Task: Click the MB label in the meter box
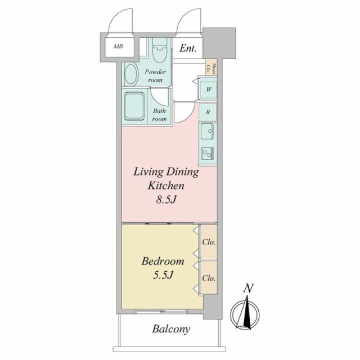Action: (118, 46)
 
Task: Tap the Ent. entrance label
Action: (188, 48)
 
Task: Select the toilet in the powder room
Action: (160, 50)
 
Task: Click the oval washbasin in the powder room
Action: (131, 75)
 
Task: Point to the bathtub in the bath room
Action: (135, 106)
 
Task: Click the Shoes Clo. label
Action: (211, 69)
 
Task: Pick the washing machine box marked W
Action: (208, 89)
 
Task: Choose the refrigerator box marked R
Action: (208, 112)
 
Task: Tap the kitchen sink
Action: (207, 131)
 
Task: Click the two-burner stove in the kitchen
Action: (208, 154)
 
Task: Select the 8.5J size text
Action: (166, 200)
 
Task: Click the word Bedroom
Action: (163, 262)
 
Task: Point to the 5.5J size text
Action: (163, 275)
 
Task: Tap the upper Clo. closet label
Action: (209, 242)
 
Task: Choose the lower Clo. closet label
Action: (209, 278)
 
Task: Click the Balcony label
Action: (171, 329)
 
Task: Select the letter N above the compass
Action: (249, 289)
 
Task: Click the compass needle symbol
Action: (245, 313)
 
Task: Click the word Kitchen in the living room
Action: (166, 186)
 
